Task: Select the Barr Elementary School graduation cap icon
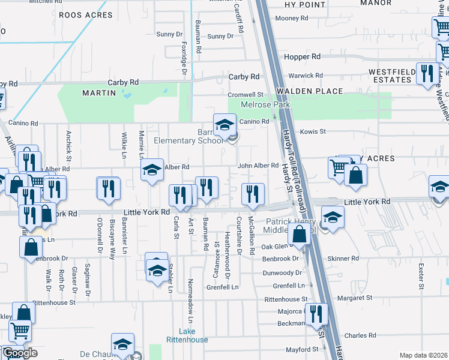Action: point(224,125)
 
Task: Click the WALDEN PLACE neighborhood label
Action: point(310,91)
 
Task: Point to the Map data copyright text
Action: point(424,355)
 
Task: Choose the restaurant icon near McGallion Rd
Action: point(253,194)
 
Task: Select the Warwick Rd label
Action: point(306,76)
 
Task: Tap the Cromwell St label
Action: point(245,95)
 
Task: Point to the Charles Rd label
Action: point(360,335)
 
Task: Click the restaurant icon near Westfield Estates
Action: point(427,74)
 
